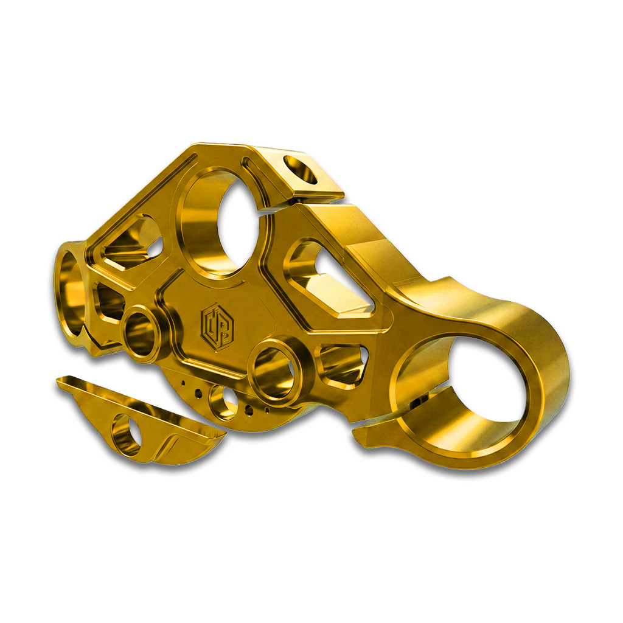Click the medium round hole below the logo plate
tap(223, 402)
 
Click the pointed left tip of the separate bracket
tap(59, 381)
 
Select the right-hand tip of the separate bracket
tap(222, 433)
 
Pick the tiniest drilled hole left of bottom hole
tap(183, 383)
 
